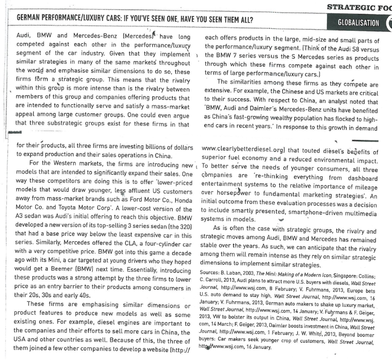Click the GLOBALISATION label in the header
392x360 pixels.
(358, 22)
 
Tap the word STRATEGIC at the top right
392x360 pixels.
(350, 6)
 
